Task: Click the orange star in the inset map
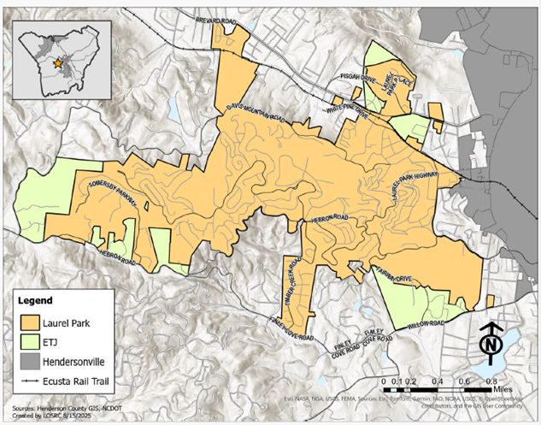58,62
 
